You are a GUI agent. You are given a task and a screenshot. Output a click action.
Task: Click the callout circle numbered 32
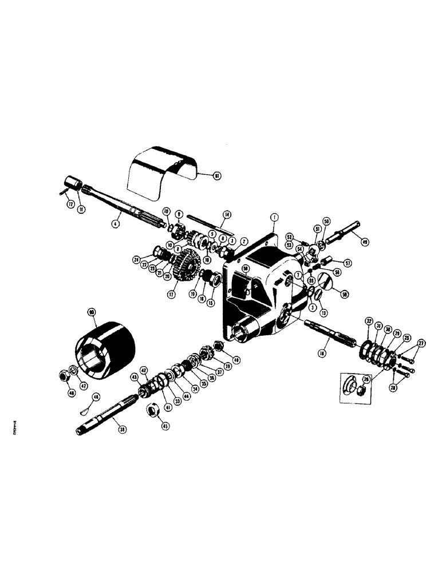(369, 320)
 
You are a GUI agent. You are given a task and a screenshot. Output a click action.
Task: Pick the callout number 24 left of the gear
(137, 259)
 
